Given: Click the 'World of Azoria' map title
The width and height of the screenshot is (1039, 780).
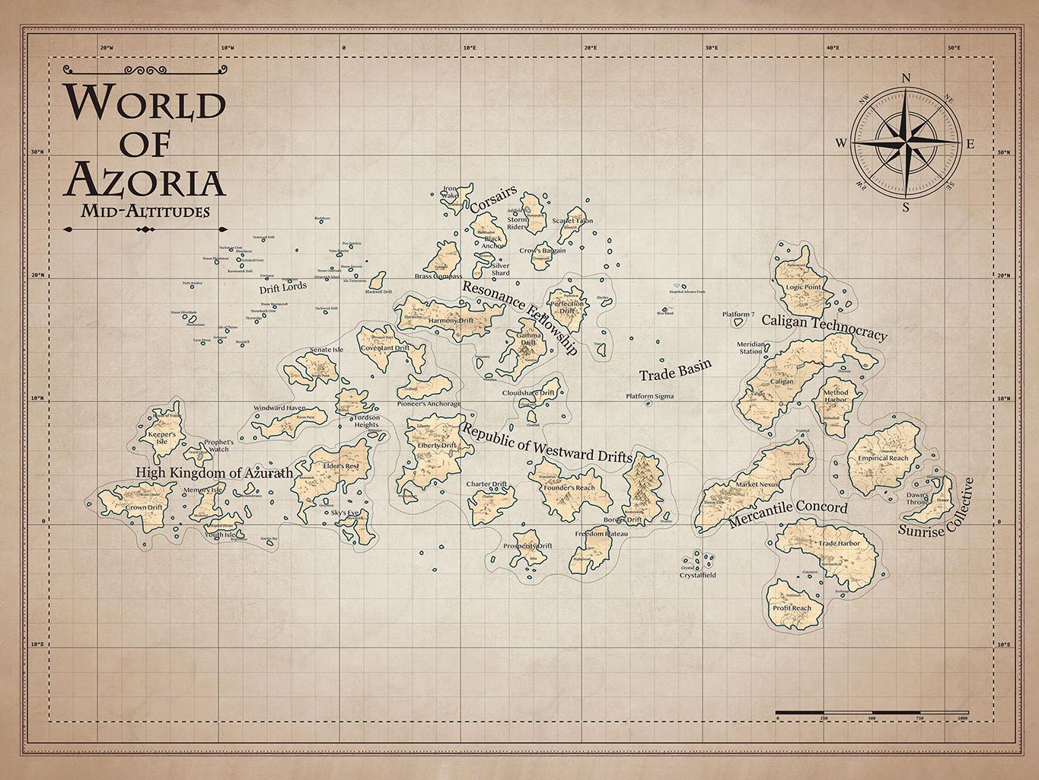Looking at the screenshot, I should pyautogui.click(x=145, y=141).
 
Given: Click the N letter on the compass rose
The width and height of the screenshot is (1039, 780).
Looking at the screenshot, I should pyautogui.click(x=906, y=77).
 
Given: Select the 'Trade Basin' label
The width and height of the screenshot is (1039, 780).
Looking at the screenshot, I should pyautogui.click(x=675, y=370).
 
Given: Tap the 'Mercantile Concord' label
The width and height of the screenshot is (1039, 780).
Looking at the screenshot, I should pyautogui.click(x=788, y=515).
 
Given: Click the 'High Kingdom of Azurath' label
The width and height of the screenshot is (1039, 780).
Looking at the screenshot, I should pyautogui.click(x=214, y=473).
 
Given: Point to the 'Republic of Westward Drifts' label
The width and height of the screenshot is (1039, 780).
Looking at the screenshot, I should pyautogui.click(x=547, y=444).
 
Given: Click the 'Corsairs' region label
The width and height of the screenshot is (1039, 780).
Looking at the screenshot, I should pyautogui.click(x=493, y=200).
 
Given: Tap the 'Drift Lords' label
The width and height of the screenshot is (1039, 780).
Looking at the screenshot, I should pyautogui.click(x=283, y=288).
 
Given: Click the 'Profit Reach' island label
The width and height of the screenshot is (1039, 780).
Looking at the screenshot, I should pyautogui.click(x=792, y=608).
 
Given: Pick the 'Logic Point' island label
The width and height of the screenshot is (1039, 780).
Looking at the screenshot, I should pyautogui.click(x=804, y=287).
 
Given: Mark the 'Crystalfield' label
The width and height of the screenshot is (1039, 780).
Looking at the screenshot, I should pyautogui.click(x=697, y=575).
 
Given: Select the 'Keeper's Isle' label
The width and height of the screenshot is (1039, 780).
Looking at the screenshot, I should pyautogui.click(x=161, y=438).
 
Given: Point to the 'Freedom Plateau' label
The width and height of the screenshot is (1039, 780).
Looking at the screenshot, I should pyautogui.click(x=601, y=534).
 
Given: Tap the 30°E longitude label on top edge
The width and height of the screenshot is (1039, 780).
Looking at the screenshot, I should pyautogui.click(x=711, y=48).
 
